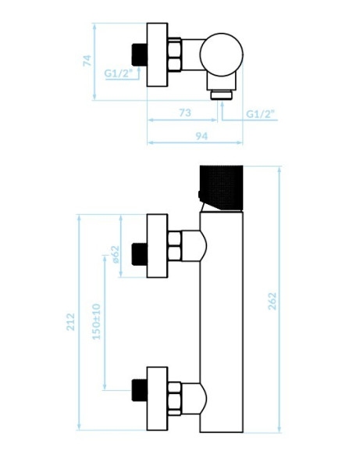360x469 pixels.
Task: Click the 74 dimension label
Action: tap(87, 60)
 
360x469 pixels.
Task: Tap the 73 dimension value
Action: tap(185, 113)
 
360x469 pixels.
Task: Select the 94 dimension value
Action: tap(201, 136)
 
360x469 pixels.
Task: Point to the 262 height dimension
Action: tap(273, 301)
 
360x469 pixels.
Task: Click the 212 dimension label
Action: tap(70, 322)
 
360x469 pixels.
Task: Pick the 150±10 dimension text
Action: tap(97, 321)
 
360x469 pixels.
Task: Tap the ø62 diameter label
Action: tap(116, 255)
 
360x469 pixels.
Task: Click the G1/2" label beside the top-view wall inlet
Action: tap(118, 73)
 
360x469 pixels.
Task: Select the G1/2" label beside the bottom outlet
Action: tap(260, 113)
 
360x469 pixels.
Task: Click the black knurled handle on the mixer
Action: tap(221, 188)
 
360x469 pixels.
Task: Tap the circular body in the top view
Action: tap(221, 55)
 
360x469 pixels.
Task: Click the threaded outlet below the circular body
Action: tap(221, 95)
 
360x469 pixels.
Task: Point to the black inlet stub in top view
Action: tap(139, 55)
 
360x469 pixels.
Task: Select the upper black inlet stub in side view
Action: tap(139, 254)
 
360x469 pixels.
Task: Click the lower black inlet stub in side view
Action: tap(139, 390)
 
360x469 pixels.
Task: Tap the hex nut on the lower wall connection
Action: tap(174, 399)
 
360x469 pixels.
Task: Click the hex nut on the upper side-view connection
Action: tap(174, 246)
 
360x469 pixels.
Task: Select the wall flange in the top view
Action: tap(157, 55)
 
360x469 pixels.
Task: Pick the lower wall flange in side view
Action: tap(157, 399)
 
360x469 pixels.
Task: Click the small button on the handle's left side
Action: tap(199, 195)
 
